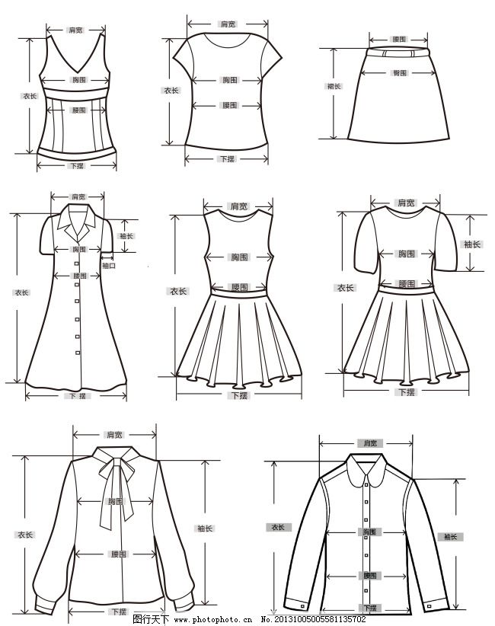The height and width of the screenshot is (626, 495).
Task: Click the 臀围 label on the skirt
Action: (399, 73)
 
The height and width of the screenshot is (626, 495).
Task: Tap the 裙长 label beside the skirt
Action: (334, 86)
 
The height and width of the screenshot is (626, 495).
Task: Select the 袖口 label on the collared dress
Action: (108, 266)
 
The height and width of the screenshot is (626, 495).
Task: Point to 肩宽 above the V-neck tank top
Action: (75, 30)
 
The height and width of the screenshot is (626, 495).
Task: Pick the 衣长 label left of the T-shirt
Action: (171, 90)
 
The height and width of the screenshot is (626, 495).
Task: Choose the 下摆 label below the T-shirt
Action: (227, 158)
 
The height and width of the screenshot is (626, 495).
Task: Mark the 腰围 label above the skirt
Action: (399, 39)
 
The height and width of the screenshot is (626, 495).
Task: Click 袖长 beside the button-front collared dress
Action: (126, 236)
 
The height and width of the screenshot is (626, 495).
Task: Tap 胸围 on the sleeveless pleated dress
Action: (239, 257)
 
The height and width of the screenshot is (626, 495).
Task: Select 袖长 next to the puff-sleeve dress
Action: (472, 244)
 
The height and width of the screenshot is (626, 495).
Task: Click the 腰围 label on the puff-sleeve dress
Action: (406, 283)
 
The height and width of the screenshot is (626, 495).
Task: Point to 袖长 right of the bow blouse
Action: (205, 529)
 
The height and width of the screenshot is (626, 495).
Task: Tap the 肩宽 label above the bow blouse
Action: (115, 435)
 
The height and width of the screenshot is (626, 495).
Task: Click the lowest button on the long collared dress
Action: (77, 351)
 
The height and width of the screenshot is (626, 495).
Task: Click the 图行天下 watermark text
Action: (151, 619)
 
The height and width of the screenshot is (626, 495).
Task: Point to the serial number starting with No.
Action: (314, 619)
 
